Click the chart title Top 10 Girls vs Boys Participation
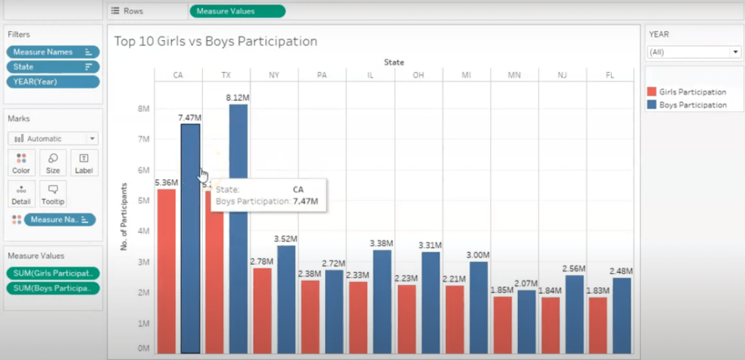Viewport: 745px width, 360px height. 215,41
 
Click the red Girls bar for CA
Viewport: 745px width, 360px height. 167,269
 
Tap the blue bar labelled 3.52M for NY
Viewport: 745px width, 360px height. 287,298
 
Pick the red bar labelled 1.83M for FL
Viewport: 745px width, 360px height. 598,324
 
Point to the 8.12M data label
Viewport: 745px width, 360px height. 238,97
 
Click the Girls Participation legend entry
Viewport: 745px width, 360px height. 691,92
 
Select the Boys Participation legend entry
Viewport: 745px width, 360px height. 692,105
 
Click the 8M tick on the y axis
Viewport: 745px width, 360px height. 144,108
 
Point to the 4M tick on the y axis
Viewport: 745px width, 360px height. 144,231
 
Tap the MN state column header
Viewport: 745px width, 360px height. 514,75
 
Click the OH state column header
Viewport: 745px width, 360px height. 418,75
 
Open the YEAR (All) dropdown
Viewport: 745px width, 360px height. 693,52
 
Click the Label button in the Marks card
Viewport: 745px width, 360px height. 84,162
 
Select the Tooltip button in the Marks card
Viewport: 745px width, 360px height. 52,193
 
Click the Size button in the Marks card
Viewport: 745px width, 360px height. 52,162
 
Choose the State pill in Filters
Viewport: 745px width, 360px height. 52,67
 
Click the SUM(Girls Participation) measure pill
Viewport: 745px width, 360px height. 52,273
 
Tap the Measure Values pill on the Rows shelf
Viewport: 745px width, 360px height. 237,11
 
